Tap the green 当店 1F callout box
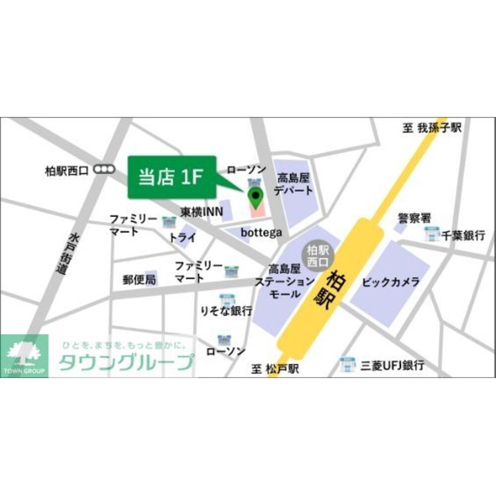(172, 177)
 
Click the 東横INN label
(198, 212)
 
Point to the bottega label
(261, 232)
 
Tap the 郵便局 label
(139, 279)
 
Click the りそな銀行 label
(227, 311)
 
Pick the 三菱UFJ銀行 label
(392, 366)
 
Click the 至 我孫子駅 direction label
(432, 128)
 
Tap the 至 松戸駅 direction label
(275, 369)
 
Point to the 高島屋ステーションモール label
(284, 281)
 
